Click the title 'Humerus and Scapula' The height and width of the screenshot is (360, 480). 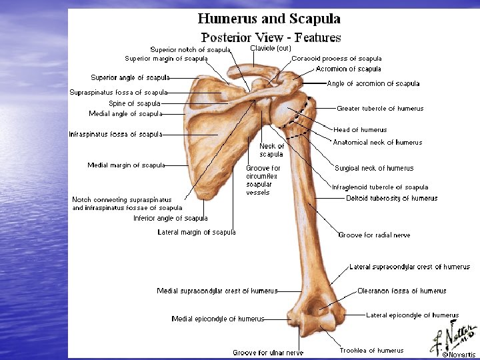pyautogui.click(x=269, y=19)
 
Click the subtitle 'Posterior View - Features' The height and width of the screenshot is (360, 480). pyautogui.click(x=271, y=37)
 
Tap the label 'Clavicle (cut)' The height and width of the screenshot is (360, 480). pyautogui.click(x=271, y=48)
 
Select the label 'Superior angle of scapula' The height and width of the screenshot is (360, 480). pyautogui.click(x=130, y=78)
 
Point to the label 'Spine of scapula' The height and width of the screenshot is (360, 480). pyautogui.click(x=135, y=104)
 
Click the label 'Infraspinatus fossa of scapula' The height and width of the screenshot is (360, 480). pyautogui.click(x=115, y=135)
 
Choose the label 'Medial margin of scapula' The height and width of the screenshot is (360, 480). pyautogui.click(x=126, y=165)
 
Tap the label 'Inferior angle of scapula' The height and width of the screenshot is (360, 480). pyautogui.click(x=171, y=218)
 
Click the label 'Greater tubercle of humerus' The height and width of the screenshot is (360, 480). pyautogui.click(x=380, y=109)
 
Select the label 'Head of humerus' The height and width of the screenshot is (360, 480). pyautogui.click(x=360, y=130)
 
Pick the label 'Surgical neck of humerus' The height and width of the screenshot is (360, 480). pyautogui.click(x=374, y=169)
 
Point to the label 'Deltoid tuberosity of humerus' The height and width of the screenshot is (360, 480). pyautogui.click(x=392, y=198)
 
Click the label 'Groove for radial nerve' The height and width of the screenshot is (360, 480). pyautogui.click(x=374, y=235)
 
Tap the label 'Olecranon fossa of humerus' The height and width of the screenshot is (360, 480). pyautogui.click(x=402, y=291)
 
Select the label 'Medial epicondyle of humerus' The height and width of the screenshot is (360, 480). pyautogui.click(x=218, y=319)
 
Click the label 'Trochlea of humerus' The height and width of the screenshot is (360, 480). pyautogui.click(x=371, y=351)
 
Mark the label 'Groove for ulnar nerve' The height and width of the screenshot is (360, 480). pyautogui.click(x=268, y=353)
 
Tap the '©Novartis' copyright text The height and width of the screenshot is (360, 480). pyautogui.click(x=459, y=355)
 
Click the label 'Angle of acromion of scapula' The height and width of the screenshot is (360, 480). pyautogui.click(x=373, y=84)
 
